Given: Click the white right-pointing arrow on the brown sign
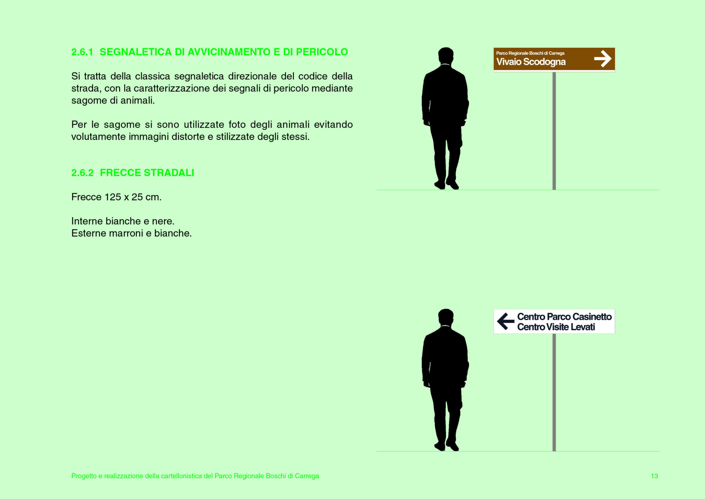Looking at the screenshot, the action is pyautogui.click(x=603, y=59).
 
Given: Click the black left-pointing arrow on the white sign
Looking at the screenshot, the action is pyautogui.click(x=506, y=321).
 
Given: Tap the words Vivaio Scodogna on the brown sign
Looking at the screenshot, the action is pyautogui.click(x=531, y=62).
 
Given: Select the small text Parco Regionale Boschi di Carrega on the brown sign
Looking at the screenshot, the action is pyautogui.click(x=530, y=53).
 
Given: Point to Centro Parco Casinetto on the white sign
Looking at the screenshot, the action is pyautogui.click(x=564, y=317).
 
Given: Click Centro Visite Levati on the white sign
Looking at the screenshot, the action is pyautogui.click(x=556, y=327).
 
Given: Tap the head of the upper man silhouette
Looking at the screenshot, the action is pyautogui.click(x=446, y=56).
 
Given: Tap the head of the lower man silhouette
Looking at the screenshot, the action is pyautogui.click(x=446, y=317).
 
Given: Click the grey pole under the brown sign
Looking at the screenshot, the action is pyautogui.click(x=554, y=131).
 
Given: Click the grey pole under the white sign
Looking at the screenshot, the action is pyautogui.click(x=554, y=392).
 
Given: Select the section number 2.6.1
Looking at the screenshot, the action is pyautogui.click(x=82, y=52).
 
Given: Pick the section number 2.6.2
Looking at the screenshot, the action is pyautogui.click(x=82, y=173).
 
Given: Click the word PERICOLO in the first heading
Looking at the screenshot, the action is pyautogui.click(x=322, y=52).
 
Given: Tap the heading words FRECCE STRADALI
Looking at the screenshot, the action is pyautogui.click(x=147, y=173).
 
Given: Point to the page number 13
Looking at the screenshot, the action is pyautogui.click(x=654, y=476).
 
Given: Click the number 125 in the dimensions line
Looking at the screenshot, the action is pyautogui.click(x=113, y=197).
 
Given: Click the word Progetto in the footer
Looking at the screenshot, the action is pyautogui.click(x=84, y=476).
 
